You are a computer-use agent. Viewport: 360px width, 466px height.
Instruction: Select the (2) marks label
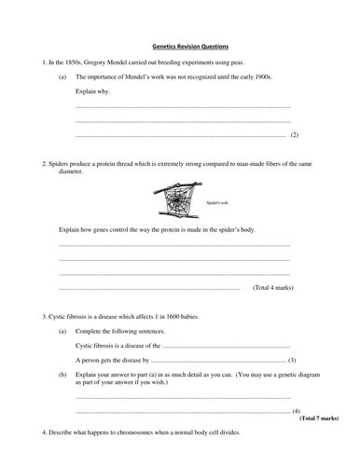(294, 135)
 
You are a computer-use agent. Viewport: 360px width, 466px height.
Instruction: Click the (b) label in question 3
(62, 374)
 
